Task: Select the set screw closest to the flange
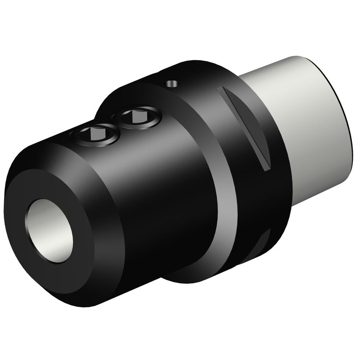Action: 137,117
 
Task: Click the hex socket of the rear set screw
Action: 137,116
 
